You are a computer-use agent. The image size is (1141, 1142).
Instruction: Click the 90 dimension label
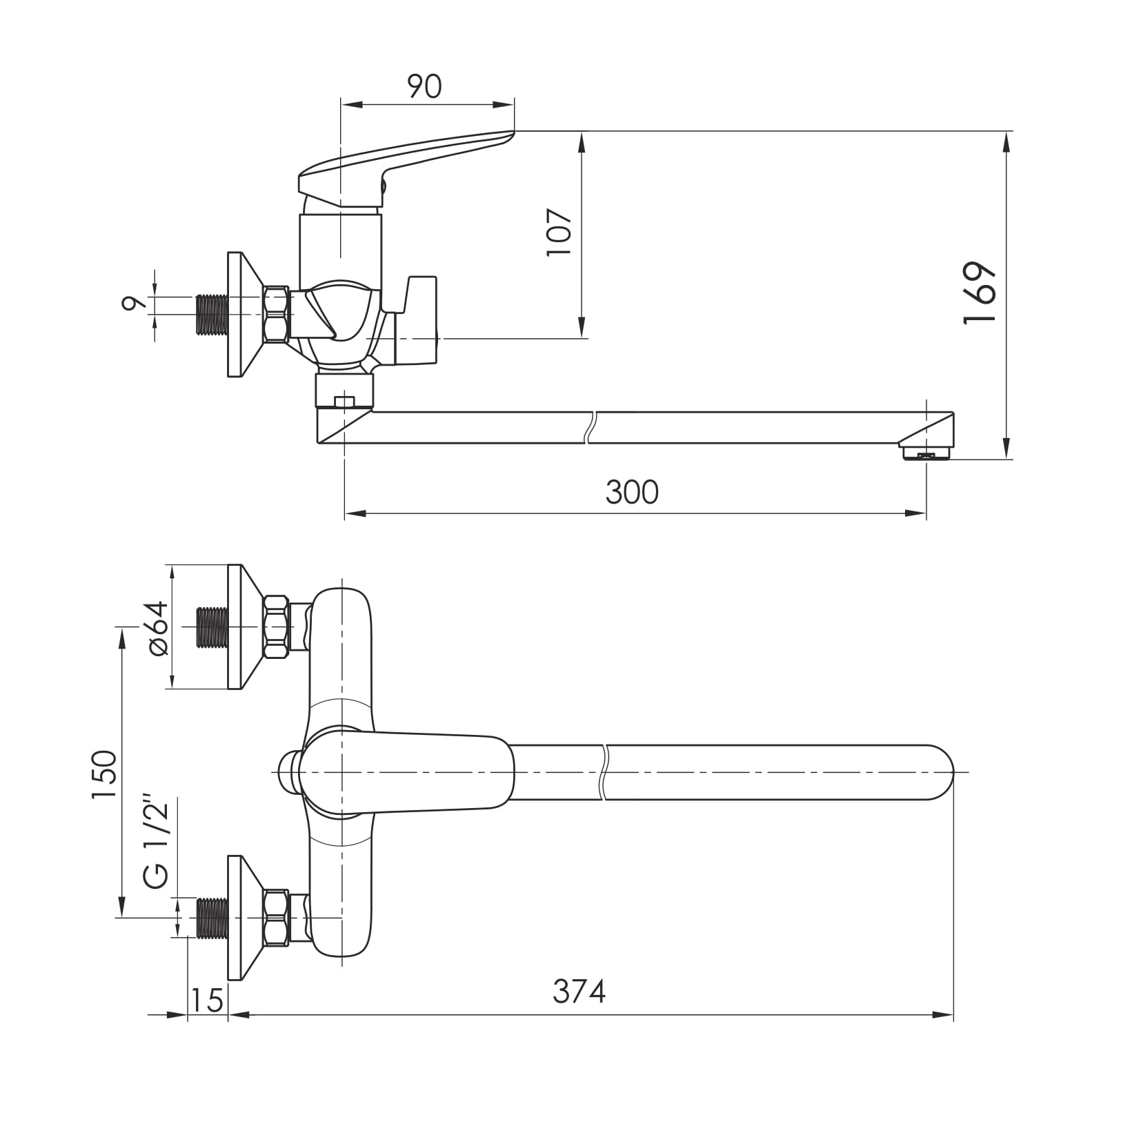424,87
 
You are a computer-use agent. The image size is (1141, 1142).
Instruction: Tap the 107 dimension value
559,232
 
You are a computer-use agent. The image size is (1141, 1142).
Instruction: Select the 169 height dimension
980,293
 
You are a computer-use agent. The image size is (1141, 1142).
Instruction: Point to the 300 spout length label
632,493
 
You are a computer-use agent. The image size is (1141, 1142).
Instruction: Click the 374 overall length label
579,992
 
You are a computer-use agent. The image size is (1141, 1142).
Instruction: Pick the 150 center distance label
105,775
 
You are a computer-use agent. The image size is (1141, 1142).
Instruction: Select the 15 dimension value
208,999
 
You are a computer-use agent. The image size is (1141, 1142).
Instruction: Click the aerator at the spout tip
926,453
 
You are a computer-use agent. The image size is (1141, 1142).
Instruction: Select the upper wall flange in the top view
244,627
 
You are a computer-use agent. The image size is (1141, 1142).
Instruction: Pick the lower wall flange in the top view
244,918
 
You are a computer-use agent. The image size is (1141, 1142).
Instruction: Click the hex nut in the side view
276,314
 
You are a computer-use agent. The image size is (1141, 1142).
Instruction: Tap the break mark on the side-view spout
590,427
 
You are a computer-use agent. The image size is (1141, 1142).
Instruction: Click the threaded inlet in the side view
212,314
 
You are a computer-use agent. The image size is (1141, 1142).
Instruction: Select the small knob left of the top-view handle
286,771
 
